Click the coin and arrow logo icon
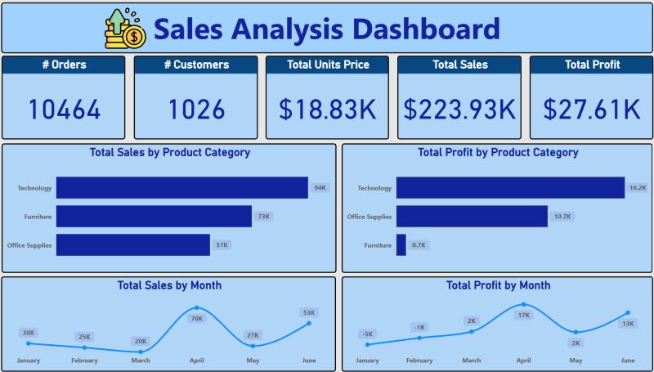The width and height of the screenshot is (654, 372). coord(125,28)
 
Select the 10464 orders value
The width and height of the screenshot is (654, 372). coord(65,109)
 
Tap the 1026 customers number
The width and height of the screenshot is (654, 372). coord(196,109)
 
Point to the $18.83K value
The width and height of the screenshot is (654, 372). coord(328,109)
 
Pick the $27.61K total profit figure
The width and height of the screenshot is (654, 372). coord(592,109)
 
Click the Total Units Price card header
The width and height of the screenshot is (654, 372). coord(328,65)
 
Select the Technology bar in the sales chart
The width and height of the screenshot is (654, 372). coord(181,188)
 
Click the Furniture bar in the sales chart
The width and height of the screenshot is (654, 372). coord(154,217)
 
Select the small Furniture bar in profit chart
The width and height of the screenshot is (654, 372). coord(401,244)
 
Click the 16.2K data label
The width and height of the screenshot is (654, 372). coord(638,188)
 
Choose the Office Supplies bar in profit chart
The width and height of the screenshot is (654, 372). coord(472,217)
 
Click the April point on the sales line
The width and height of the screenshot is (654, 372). coord(196,308)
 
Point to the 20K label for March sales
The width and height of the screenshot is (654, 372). coord(141,341)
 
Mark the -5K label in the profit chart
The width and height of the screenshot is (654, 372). coord(367,334)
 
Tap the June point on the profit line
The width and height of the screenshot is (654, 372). coord(628,312)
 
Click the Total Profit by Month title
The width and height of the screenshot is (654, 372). coord(498,285)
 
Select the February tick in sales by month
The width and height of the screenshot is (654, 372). coord(84,360)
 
